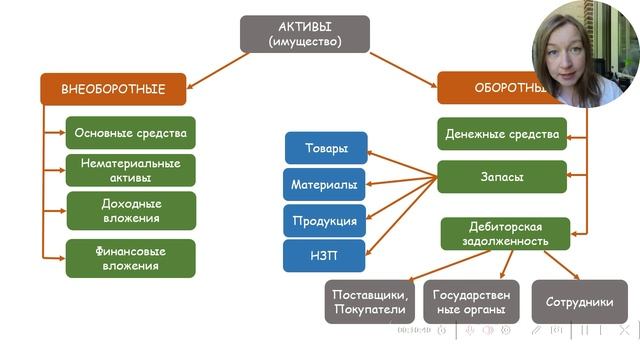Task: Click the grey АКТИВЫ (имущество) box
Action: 305,33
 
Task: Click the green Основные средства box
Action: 130,133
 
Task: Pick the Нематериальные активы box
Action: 130,171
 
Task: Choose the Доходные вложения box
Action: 130,210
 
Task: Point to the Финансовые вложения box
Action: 130,258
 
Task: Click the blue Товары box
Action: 326,149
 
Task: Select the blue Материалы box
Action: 326,185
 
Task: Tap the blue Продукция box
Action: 326,221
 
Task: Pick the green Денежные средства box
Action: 502,134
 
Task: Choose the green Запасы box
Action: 502,177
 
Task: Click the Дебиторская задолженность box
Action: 505,233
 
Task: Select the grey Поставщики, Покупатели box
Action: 370,301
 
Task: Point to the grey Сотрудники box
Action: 579,301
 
